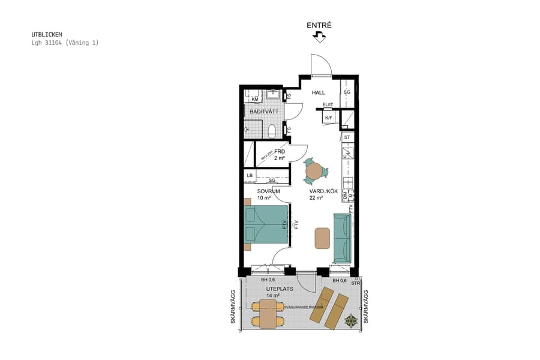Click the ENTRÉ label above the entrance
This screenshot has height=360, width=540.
(319, 25)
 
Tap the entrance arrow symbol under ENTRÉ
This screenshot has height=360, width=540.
(319, 37)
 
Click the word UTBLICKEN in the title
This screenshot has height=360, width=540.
(47, 35)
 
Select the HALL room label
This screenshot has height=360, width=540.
(318, 93)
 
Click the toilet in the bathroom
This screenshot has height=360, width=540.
(272, 130)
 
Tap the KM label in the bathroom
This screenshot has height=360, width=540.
(254, 98)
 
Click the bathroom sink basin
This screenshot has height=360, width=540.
(273, 94)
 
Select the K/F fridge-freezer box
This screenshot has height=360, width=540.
(328, 118)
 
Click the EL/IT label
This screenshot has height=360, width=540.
(328, 106)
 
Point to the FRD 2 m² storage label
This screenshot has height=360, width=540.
(280, 155)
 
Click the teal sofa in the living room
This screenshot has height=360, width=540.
(341, 238)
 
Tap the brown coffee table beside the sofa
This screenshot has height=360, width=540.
(322, 238)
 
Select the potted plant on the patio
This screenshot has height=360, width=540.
(350, 320)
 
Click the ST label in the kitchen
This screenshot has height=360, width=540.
(347, 137)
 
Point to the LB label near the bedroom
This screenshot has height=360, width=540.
(250, 176)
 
